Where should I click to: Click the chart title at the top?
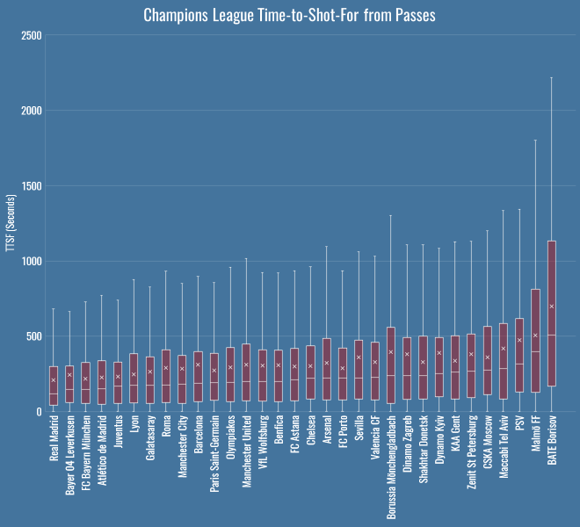pos(289,15)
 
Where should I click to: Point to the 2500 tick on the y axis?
pos(32,35)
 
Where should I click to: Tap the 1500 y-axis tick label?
pos(32,186)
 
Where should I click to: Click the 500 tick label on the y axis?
pos(34,336)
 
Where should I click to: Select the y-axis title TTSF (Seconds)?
pos(10,223)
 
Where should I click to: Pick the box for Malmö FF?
pos(535,340)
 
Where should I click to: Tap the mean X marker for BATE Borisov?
pos(552,306)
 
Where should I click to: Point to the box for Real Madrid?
pos(54,386)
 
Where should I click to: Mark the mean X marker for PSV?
pos(519,340)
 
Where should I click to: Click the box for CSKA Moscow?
pos(488,360)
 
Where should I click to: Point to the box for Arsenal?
pos(327,370)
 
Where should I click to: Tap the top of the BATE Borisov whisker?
pos(552,77)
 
